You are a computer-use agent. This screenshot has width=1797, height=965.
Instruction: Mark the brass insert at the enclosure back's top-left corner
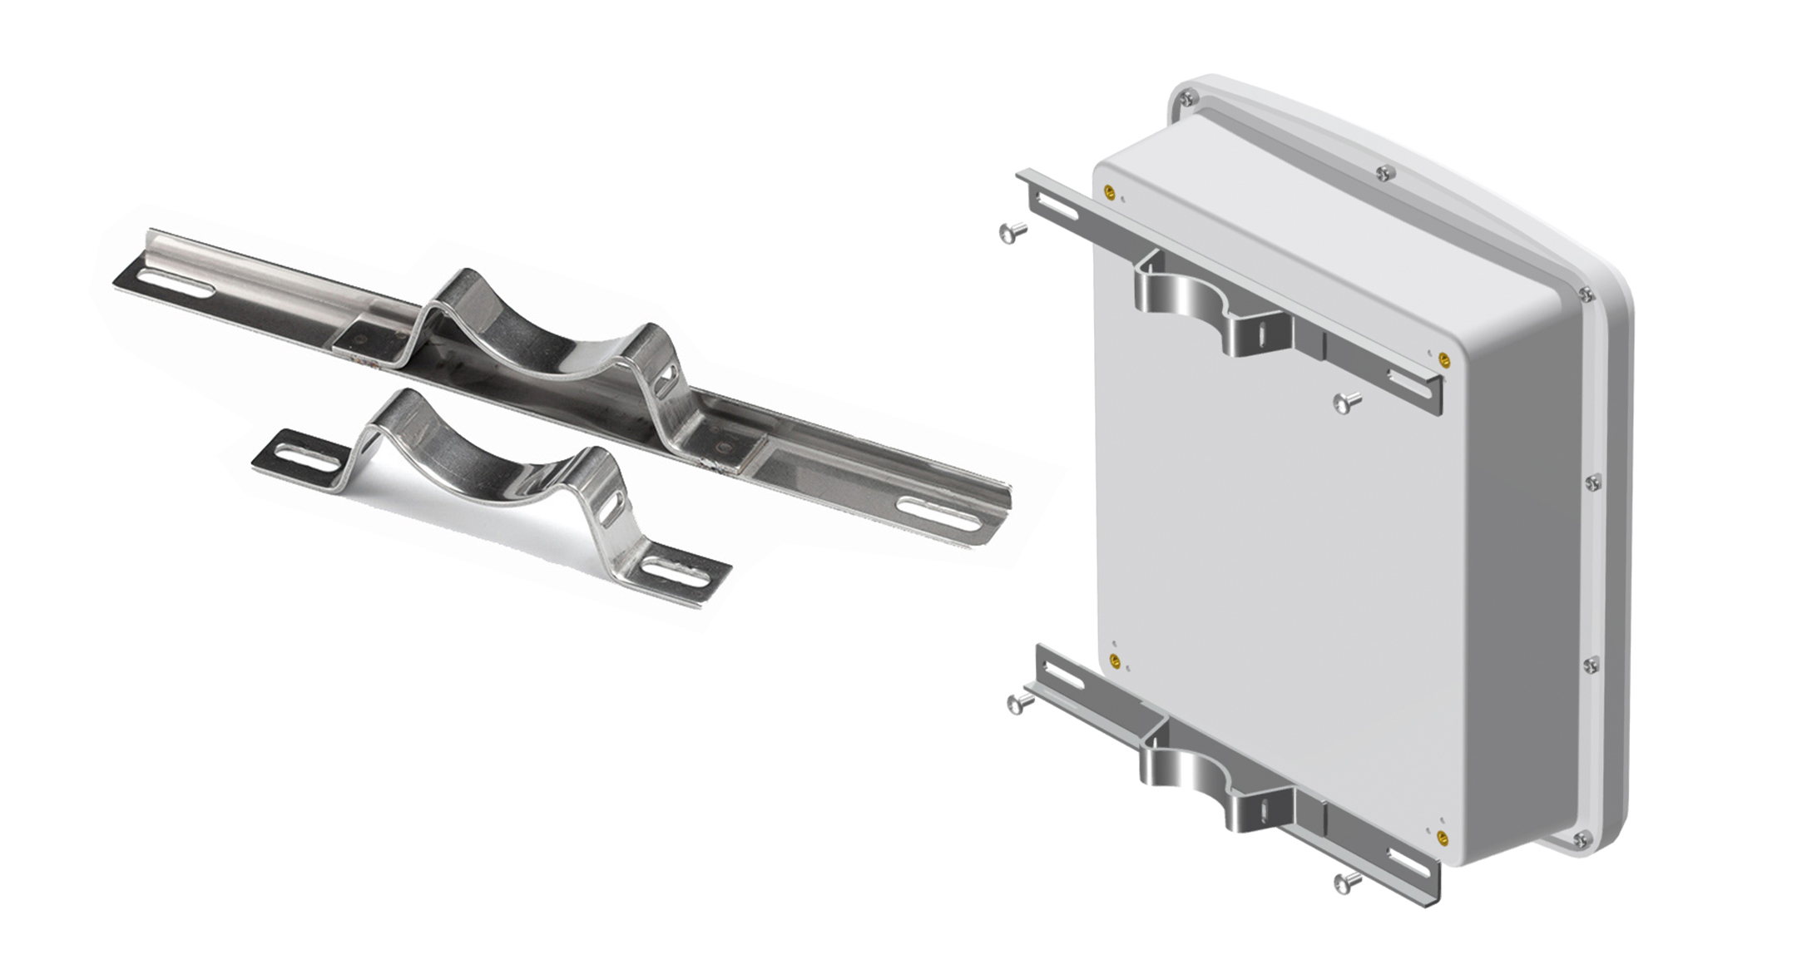click(1109, 194)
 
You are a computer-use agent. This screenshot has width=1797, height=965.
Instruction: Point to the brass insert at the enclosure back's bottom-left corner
click(1115, 662)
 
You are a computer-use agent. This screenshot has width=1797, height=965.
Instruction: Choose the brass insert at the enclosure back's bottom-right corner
click(1442, 837)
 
